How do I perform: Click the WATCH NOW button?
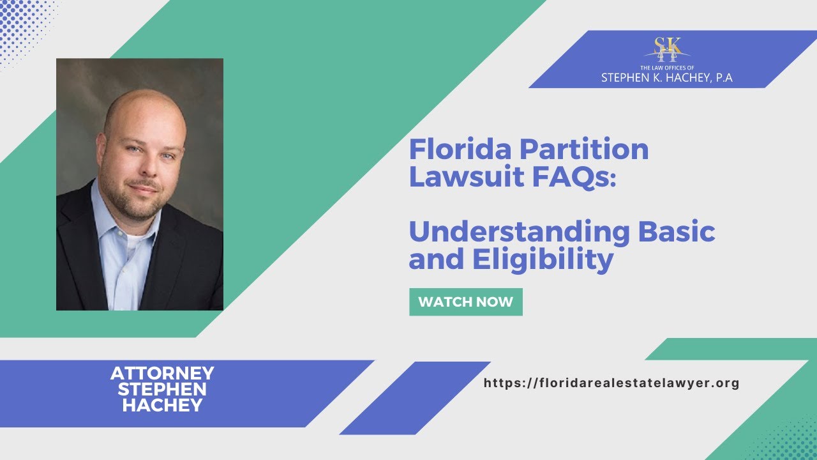pos(465,302)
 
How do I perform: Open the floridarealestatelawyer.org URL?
pos(611,383)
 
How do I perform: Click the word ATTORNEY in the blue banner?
pos(162,373)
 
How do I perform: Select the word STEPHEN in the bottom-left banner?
pos(162,389)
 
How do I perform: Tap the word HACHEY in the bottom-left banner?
pos(162,405)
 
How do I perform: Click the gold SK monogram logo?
pos(667,49)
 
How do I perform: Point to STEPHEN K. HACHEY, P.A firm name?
pos(666,78)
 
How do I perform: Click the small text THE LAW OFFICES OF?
pos(666,67)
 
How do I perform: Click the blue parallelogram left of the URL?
pos(415,397)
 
